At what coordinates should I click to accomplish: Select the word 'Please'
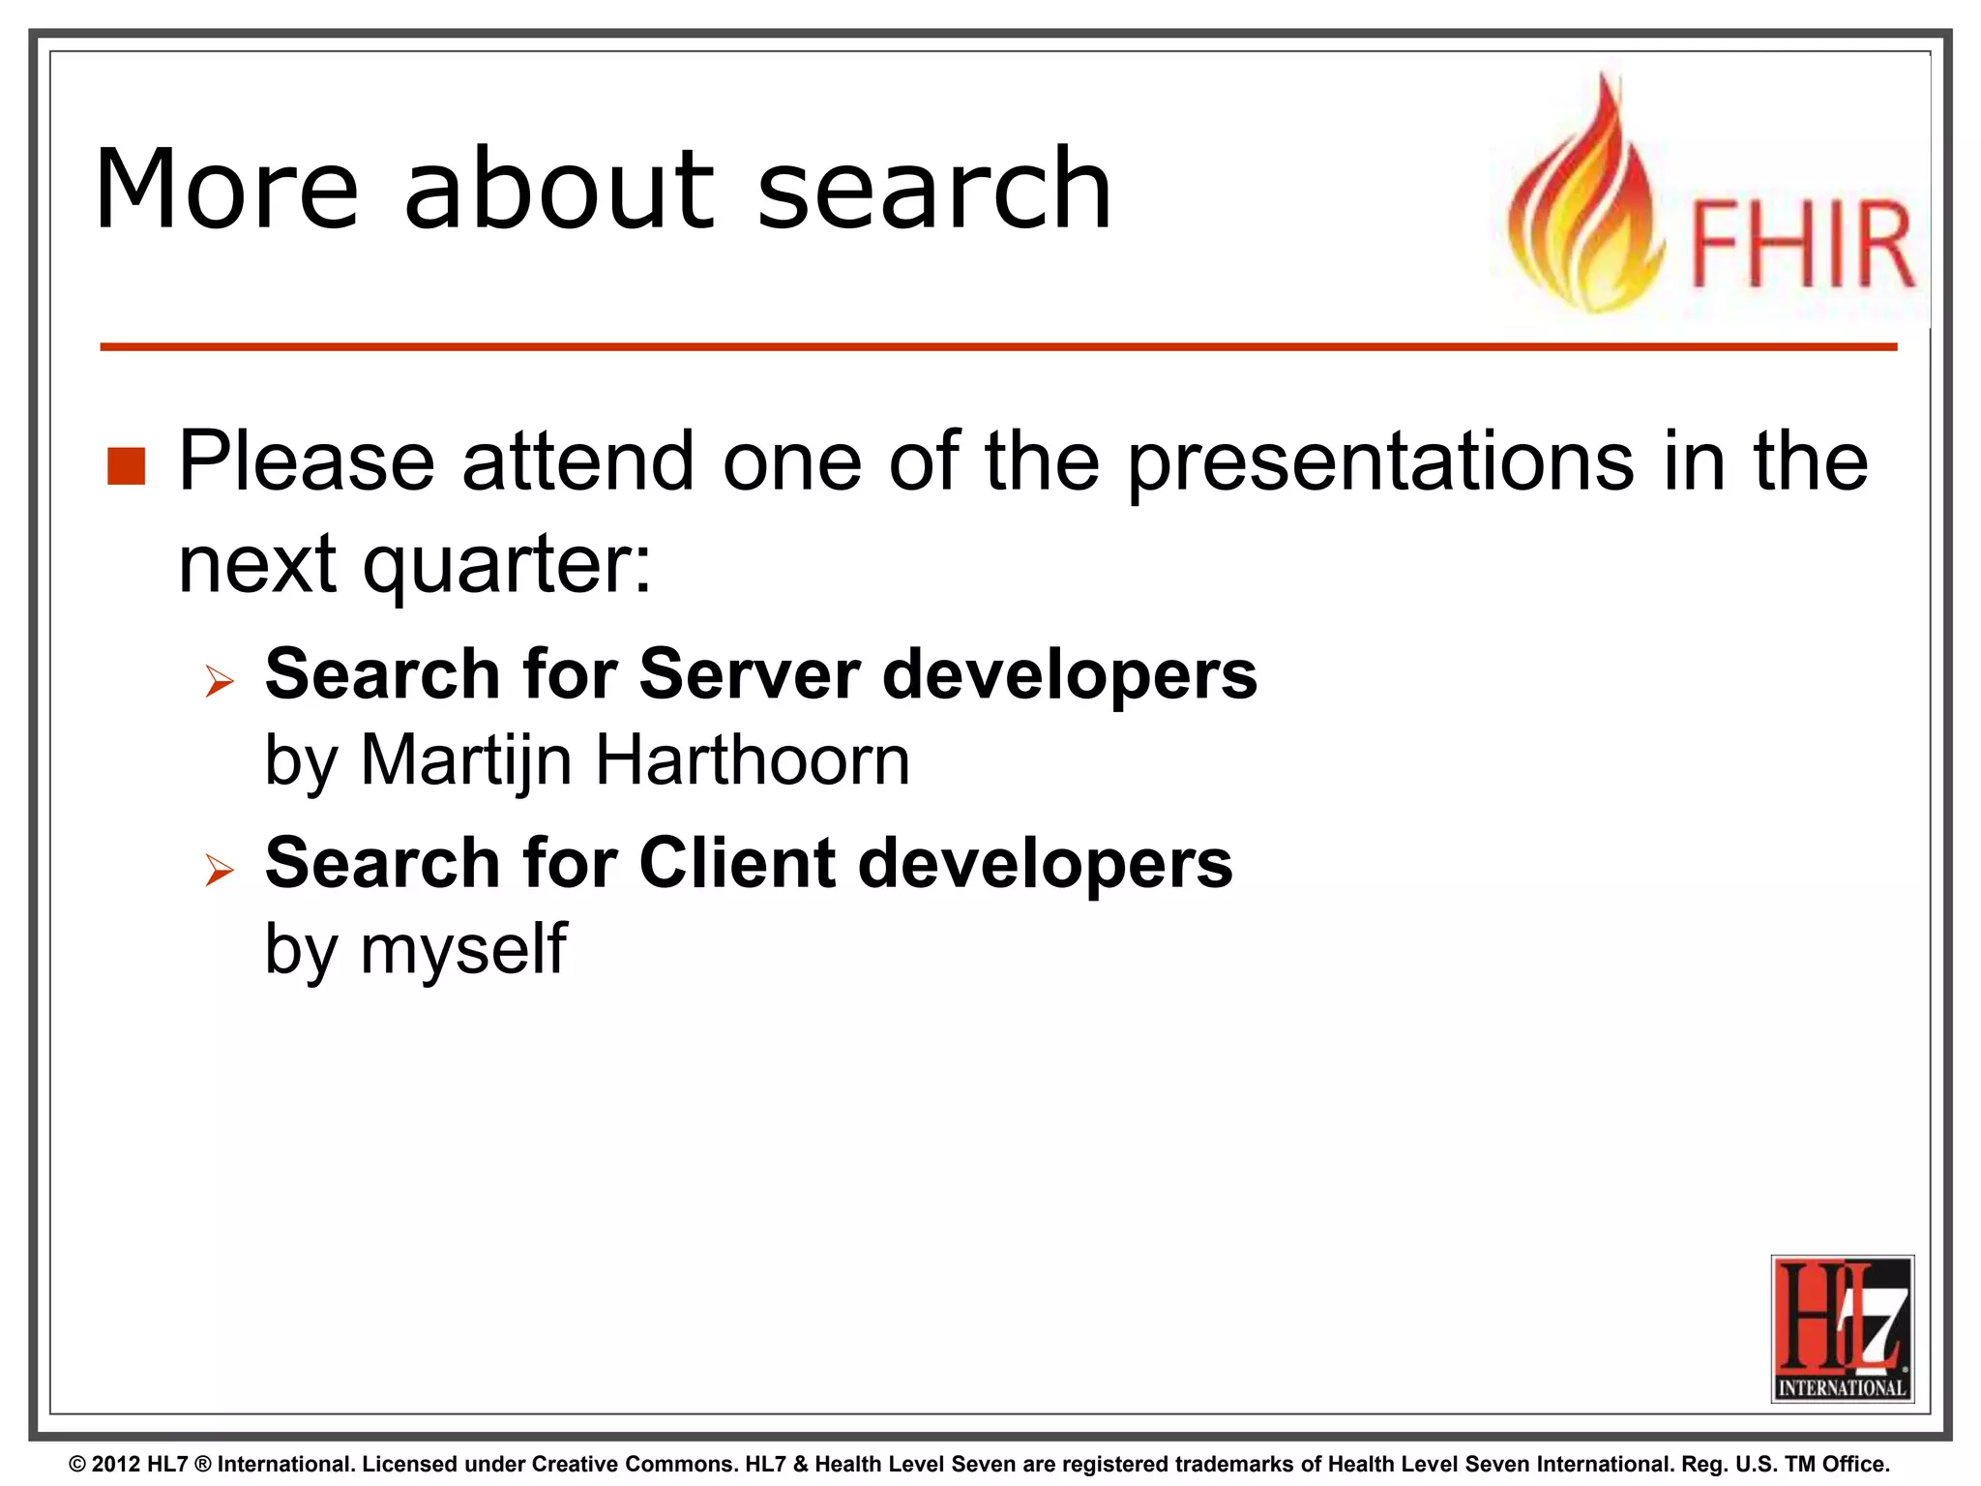[307, 461]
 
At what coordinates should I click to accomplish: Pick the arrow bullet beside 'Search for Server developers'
[220, 682]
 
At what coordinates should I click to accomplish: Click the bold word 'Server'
[749, 674]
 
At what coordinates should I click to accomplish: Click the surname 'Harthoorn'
[753, 760]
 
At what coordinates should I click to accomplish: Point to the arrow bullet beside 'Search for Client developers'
[220, 871]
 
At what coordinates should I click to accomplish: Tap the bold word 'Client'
[737, 863]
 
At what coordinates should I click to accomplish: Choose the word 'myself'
[463, 949]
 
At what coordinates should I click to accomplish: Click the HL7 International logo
[1842, 1327]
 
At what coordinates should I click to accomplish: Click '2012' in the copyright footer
[116, 1465]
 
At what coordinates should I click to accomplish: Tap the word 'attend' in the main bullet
[577, 461]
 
